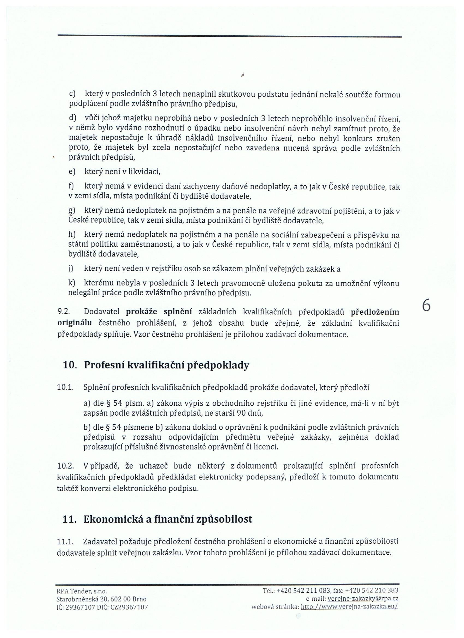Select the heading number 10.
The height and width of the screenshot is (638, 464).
70,365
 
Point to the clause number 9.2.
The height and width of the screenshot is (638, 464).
63,312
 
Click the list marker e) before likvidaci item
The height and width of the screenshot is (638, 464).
72,172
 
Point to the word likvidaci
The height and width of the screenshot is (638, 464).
144,172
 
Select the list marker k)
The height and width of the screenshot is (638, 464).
72,283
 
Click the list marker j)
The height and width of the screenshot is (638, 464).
71,269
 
